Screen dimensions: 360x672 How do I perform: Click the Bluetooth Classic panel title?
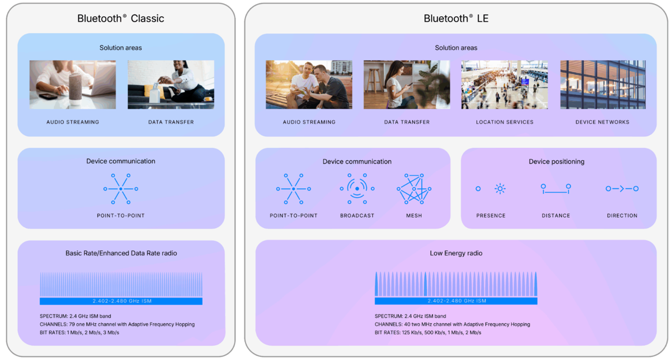coord(121,18)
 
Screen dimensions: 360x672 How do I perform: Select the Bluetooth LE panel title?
coord(456,18)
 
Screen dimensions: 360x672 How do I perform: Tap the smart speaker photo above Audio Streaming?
coord(73,85)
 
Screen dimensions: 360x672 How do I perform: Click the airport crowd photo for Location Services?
coord(504,85)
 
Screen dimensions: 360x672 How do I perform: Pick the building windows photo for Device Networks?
coord(603,85)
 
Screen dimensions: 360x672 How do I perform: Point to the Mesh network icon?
coord(414,189)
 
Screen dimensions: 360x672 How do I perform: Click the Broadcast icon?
coord(357,189)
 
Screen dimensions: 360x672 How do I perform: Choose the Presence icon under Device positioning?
coord(491,189)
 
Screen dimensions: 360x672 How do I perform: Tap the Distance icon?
coord(556,189)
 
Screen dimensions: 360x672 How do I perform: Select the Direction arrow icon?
coord(622,189)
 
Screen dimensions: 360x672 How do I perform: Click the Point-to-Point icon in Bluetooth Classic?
coord(121,189)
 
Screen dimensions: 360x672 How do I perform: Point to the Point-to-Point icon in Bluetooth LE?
coord(294,189)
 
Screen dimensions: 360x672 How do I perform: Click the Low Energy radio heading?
coord(456,253)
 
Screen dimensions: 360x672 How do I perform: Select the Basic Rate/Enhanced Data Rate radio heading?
coord(121,253)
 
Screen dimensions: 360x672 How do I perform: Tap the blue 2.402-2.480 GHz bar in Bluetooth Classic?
coord(121,301)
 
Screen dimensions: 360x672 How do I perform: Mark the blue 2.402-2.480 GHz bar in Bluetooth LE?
coord(456,301)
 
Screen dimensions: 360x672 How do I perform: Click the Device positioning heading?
coord(556,162)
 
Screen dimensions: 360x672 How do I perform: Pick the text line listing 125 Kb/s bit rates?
coord(428,333)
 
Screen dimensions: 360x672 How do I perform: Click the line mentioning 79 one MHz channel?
coord(117,325)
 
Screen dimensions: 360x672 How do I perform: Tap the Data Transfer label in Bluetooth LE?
coord(407,122)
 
